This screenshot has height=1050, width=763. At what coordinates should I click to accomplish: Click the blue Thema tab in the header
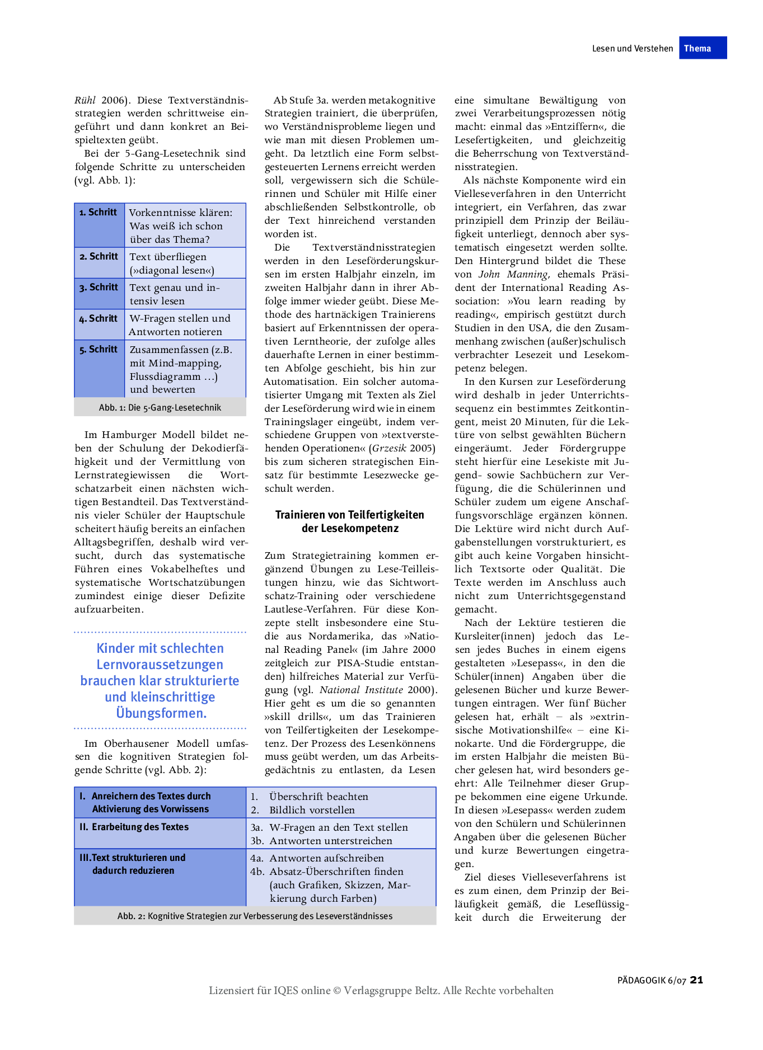tap(703, 48)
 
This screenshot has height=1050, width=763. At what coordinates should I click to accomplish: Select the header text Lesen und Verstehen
tap(632, 49)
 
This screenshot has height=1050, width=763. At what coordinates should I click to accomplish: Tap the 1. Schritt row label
tap(99, 213)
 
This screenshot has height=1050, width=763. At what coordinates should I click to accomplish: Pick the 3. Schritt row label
tap(99, 288)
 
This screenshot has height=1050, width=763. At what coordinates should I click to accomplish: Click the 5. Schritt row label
tap(99, 350)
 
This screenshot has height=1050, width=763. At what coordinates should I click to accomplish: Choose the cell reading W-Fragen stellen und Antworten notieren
tap(180, 325)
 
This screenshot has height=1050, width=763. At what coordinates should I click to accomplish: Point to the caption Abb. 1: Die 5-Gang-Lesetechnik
tap(160, 408)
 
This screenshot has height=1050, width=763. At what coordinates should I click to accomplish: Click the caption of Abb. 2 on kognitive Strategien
tap(255, 916)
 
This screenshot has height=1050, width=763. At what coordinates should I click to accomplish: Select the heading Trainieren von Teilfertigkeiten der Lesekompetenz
tap(349, 521)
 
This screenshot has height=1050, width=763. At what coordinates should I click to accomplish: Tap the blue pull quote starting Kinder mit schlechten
tap(160, 681)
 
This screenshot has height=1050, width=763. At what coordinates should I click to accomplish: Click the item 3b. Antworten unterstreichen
tap(330, 841)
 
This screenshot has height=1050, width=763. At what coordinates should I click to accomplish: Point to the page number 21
tap(696, 980)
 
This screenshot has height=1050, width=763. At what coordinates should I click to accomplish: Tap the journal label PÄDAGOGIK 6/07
tap(652, 981)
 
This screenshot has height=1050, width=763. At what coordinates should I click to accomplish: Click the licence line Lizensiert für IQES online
tap(381, 991)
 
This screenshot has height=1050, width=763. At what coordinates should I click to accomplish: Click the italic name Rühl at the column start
tap(85, 101)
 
